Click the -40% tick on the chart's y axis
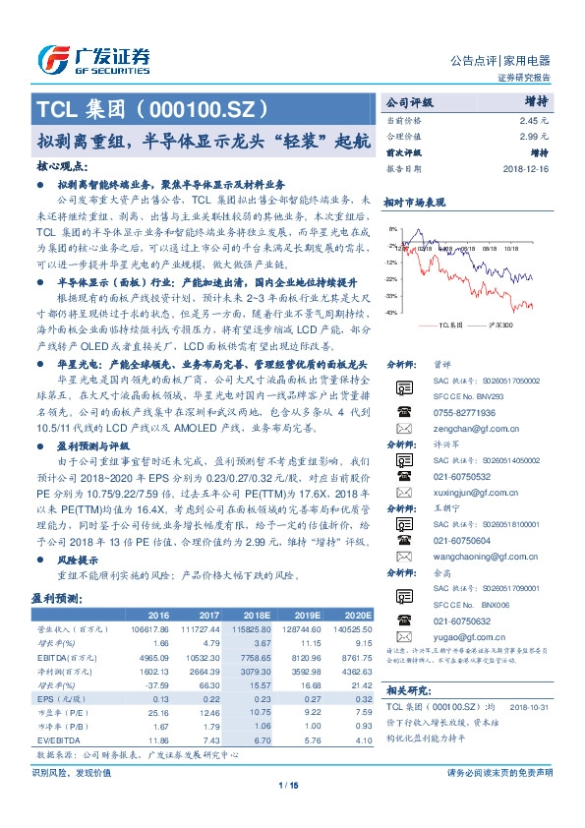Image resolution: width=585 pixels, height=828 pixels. point(391,313)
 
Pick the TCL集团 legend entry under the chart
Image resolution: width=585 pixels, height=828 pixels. point(448,324)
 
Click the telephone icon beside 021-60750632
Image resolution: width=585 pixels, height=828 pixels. point(403,620)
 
